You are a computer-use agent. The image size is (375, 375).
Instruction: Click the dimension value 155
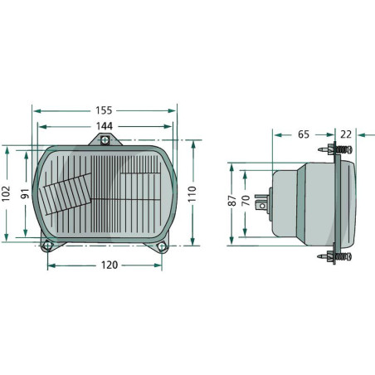click(x=104, y=110)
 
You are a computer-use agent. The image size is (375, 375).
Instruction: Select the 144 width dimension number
click(x=105, y=126)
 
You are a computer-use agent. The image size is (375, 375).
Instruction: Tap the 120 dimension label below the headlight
click(x=110, y=265)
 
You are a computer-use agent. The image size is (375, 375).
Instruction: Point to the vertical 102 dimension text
click(x=6, y=193)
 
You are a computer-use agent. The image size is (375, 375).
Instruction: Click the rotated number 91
click(x=25, y=193)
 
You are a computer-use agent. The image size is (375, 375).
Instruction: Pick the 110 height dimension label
click(x=192, y=194)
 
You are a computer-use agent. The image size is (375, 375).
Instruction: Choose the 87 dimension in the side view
click(x=232, y=201)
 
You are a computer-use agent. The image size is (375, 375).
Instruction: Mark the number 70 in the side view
click(x=246, y=201)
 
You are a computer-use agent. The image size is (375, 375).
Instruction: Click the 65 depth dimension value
click(x=304, y=134)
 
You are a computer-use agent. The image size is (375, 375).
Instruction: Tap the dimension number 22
click(x=346, y=134)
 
